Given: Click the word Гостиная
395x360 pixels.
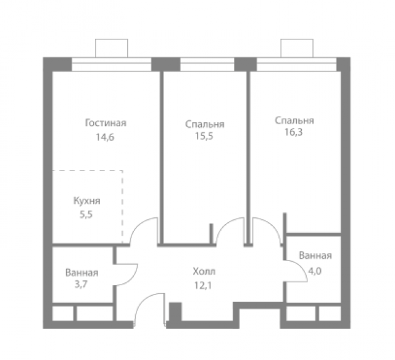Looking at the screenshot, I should (101, 123).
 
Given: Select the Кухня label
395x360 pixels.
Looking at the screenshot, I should (86, 201).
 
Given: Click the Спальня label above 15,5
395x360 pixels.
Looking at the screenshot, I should (204, 124).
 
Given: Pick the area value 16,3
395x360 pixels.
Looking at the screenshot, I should (294, 132).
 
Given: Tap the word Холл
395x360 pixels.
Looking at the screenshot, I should (204, 271).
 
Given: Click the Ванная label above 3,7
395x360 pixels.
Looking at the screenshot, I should (81, 272).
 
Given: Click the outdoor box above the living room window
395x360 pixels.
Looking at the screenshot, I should (111, 48).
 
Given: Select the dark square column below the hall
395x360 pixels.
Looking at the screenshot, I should (175, 311).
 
